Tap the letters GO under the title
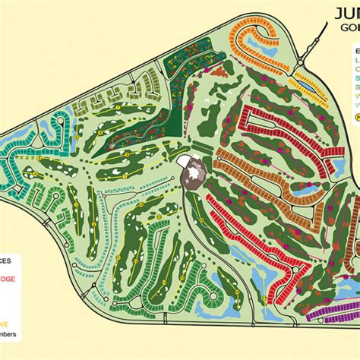[350, 29]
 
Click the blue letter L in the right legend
[356, 55]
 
